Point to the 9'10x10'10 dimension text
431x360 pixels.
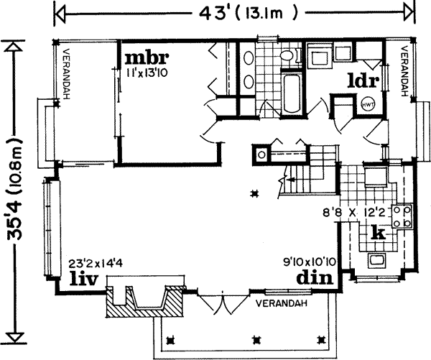[x=310, y=263]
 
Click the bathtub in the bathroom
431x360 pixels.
[x=292, y=93]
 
